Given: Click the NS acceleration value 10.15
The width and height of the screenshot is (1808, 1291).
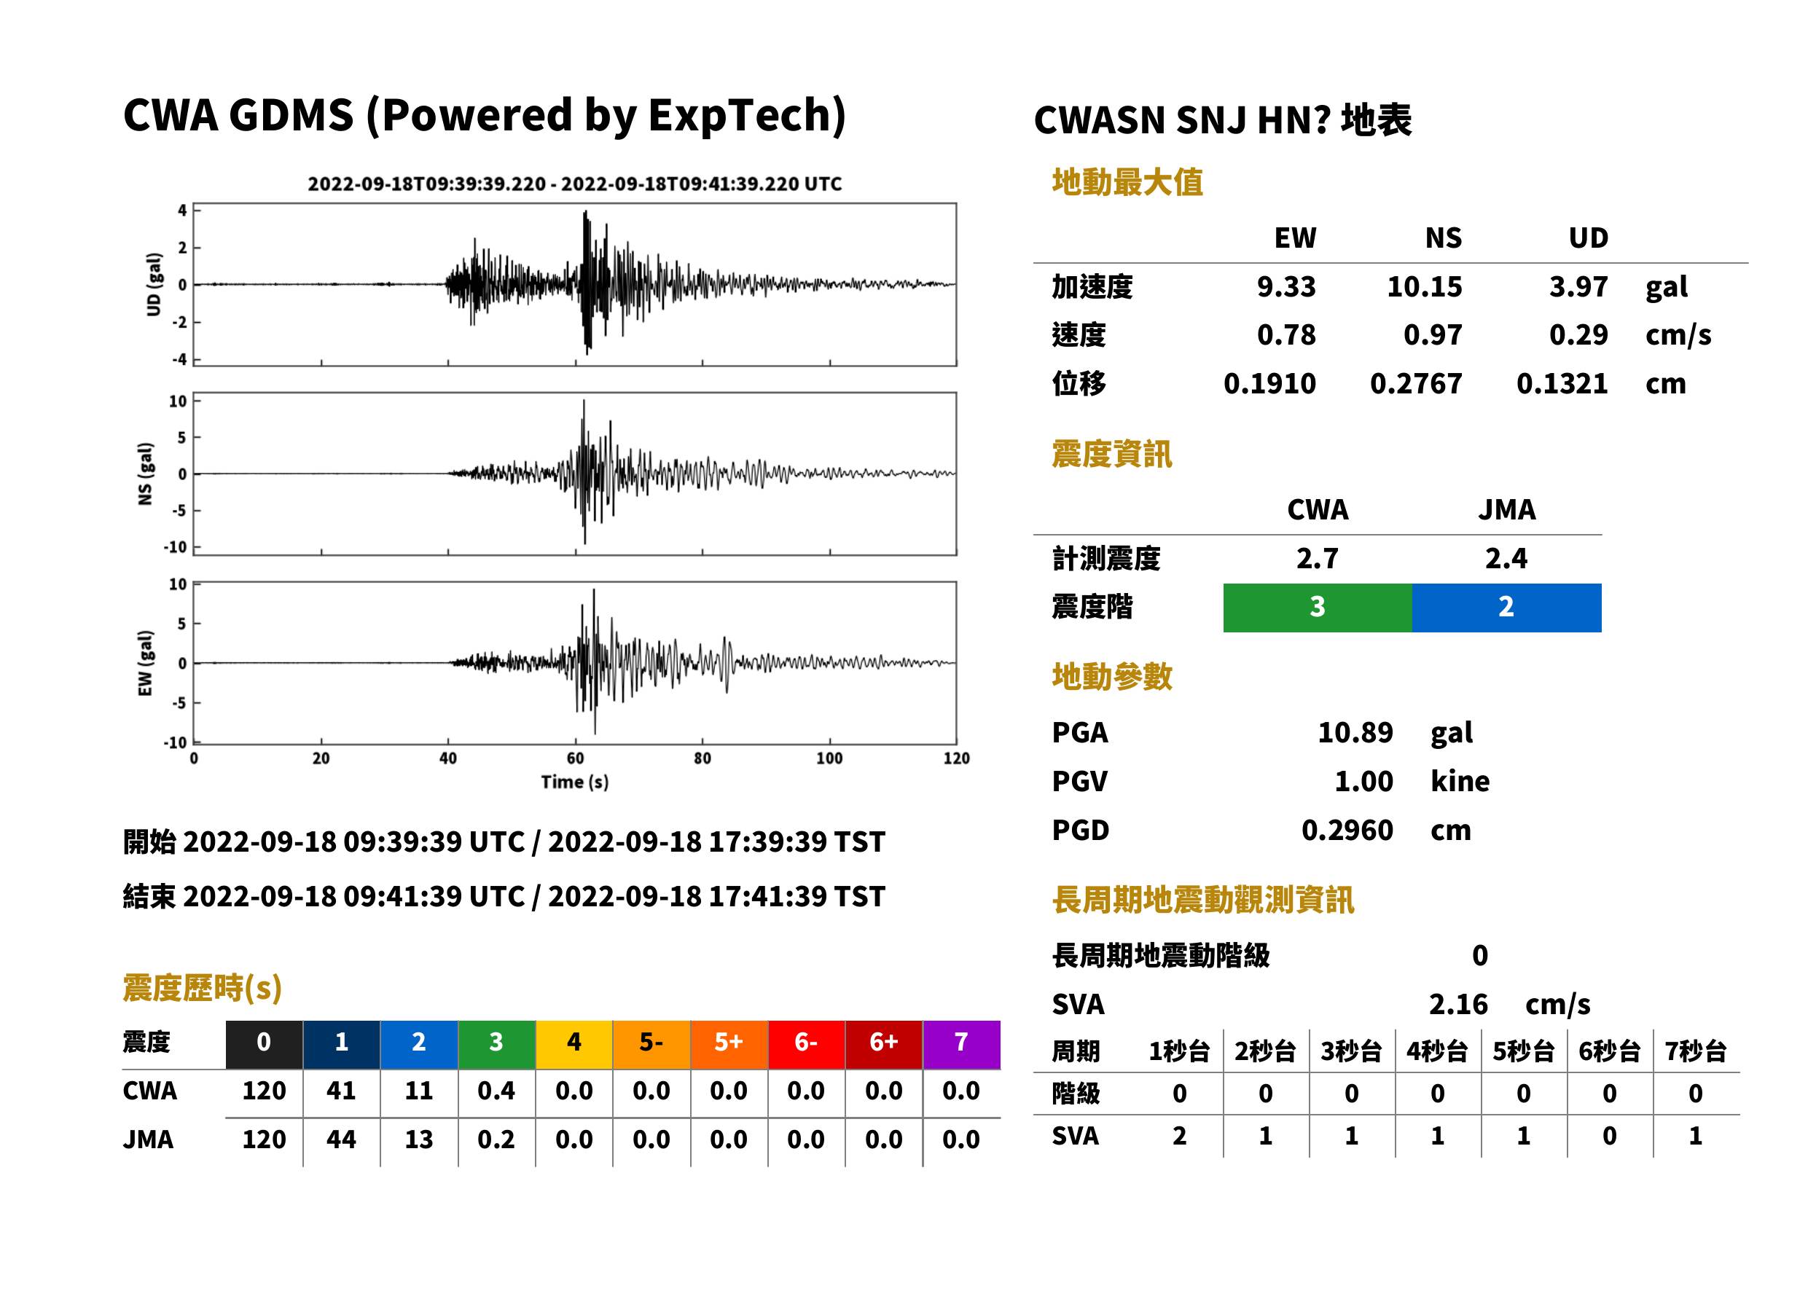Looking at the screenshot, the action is (x=1424, y=286).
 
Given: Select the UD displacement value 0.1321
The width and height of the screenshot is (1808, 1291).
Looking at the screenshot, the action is (x=1562, y=383).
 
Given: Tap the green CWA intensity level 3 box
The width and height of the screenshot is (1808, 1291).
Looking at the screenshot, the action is (x=1318, y=608).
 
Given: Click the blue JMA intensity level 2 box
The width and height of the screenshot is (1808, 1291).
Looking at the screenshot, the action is (x=1507, y=608).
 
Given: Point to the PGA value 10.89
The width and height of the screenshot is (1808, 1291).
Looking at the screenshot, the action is (x=1355, y=732).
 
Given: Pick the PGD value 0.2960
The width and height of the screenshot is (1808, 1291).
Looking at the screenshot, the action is (x=1347, y=830).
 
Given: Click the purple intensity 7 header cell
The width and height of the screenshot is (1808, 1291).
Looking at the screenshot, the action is (x=961, y=1043).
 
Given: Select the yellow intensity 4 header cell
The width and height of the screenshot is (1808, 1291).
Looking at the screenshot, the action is (x=574, y=1043).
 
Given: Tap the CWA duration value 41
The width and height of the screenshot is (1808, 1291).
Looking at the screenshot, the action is (x=341, y=1091).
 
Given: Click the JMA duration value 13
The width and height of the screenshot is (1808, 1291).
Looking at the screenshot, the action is (x=418, y=1139).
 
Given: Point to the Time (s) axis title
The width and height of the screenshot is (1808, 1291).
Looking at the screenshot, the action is (x=575, y=782).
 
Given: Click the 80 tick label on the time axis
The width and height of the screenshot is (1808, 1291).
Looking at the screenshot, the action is (x=702, y=758).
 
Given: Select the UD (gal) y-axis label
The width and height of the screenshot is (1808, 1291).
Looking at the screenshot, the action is (x=154, y=285).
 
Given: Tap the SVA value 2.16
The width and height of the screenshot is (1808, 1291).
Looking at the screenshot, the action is (x=1458, y=1004).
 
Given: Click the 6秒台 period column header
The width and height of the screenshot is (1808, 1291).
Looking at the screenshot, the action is (x=1609, y=1052).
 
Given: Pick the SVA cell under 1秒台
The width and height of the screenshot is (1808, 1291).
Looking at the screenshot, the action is (x=1180, y=1136).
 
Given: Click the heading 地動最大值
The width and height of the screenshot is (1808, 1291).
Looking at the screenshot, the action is (x=1127, y=182).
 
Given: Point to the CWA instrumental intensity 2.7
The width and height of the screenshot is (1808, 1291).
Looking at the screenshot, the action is (x=1318, y=558).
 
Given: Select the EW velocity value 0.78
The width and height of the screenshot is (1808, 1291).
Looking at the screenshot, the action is (x=1285, y=334).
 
